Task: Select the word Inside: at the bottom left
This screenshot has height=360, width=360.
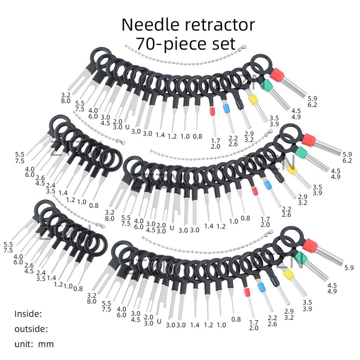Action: tap(28, 314)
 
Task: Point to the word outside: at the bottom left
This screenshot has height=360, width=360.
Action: tap(31, 329)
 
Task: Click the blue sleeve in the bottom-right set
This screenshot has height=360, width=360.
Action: tap(261, 288)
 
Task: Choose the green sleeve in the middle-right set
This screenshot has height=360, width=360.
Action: tap(301, 153)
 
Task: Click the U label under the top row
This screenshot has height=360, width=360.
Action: tap(127, 127)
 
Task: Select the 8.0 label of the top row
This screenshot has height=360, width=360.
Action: tap(66, 101)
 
